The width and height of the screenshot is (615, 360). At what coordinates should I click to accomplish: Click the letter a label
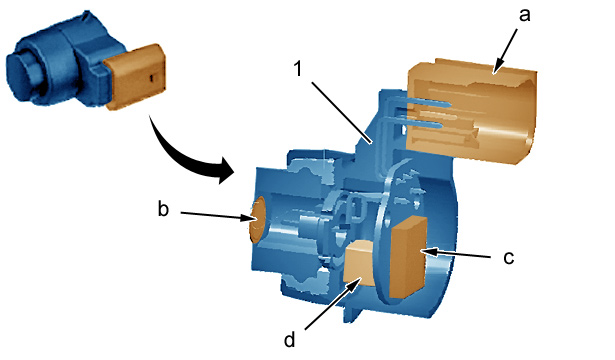pyautogui.click(x=525, y=15)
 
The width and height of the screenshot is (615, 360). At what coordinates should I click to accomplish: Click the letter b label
pyautogui.click(x=163, y=208)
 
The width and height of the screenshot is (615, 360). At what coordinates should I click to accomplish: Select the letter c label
pyautogui.click(x=509, y=258)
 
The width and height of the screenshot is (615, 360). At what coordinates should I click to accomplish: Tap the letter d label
pyautogui.click(x=289, y=339)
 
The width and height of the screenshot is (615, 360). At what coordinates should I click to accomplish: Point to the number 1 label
pyautogui.click(x=298, y=68)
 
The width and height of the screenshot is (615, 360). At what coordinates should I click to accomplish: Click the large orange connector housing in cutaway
pyautogui.click(x=471, y=112)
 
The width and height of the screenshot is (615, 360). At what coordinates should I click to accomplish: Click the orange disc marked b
pyautogui.click(x=257, y=220)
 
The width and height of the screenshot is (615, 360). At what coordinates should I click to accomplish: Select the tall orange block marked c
pyautogui.click(x=407, y=257)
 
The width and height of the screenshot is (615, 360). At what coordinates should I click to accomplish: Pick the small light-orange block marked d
pyautogui.click(x=358, y=262)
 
